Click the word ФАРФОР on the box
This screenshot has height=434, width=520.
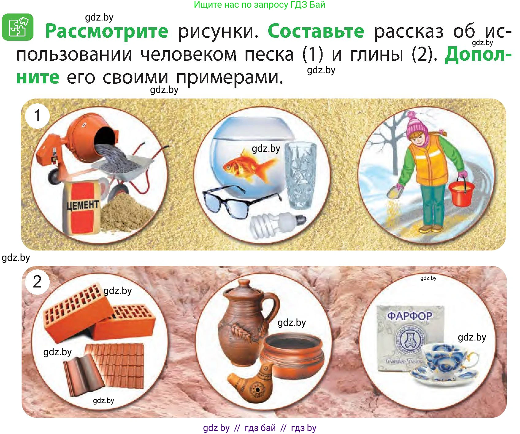410,316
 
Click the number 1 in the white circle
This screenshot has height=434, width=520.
37,116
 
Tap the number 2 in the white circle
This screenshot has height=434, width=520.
37,282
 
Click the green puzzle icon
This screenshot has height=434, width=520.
17,27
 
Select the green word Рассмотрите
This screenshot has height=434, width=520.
107,31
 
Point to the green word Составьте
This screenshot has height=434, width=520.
316,31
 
